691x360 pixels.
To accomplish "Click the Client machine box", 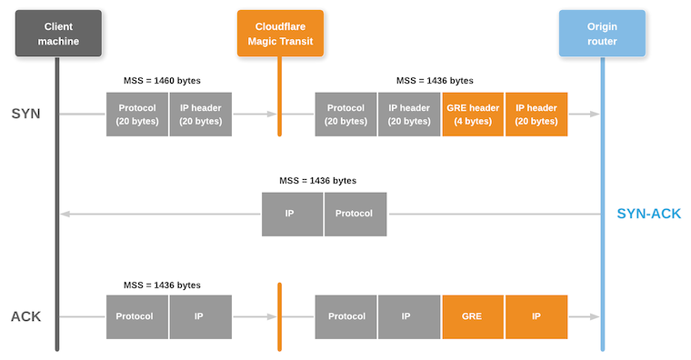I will tap(58, 34).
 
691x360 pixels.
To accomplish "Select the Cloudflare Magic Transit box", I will tap(280, 34).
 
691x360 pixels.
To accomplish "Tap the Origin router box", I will tap(602, 34).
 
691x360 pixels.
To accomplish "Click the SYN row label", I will tap(26, 115).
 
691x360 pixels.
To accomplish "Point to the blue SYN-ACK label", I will tap(648, 215).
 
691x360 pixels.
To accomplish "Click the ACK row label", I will tap(26, 317).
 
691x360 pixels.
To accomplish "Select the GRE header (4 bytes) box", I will tap(473, 115).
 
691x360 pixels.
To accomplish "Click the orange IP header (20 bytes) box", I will tap(536, 115).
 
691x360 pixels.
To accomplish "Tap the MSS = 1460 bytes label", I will tap(162, 81).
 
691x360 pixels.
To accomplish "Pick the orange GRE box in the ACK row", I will tap(473, 317).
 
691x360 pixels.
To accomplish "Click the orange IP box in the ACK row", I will tap(536, 317).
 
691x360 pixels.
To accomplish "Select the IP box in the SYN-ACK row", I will tap(292, 215).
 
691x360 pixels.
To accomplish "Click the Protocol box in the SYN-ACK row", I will tap(356, 215).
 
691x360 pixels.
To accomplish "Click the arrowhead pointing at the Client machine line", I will tap(65, 215).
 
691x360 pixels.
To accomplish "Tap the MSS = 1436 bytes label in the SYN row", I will tap(435, 81).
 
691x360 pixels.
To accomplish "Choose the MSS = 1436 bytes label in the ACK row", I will tap(162, 285).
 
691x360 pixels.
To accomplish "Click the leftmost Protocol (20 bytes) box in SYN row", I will tap(137, 115).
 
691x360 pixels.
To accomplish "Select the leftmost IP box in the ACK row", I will tap(200, 317).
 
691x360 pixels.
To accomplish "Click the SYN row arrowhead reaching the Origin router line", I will tap(595, 115).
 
